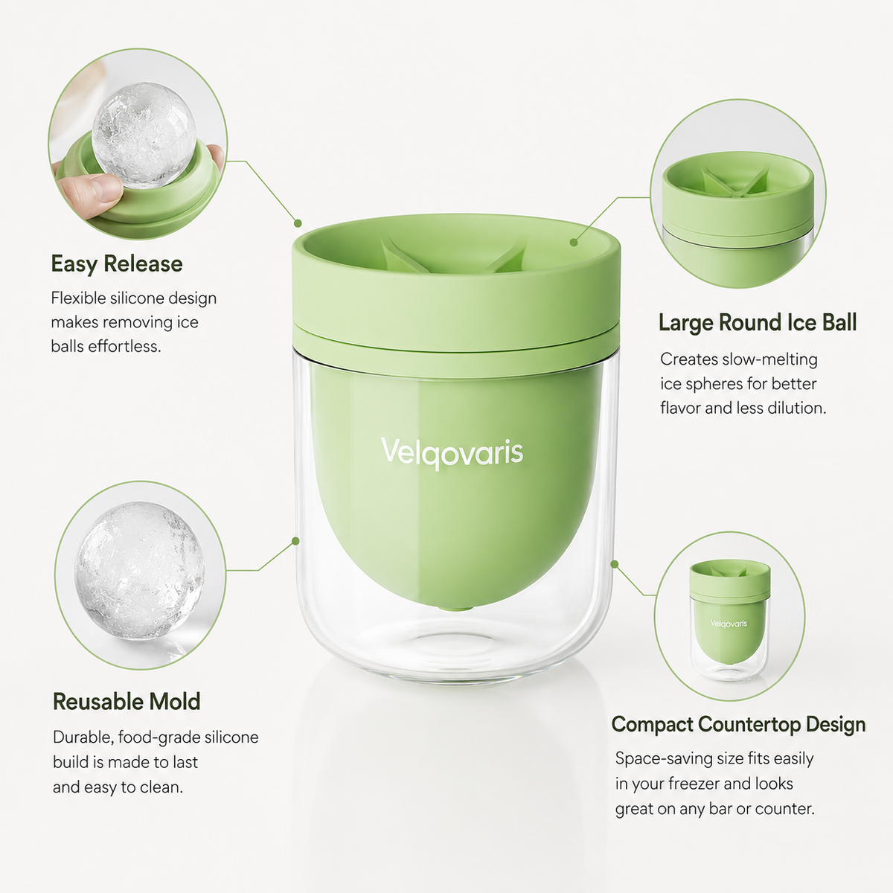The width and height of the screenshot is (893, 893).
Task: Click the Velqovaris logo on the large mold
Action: (452, 452)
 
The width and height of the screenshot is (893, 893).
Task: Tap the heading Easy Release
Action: (117, 264)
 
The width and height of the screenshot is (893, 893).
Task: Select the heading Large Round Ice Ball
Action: (758, 322)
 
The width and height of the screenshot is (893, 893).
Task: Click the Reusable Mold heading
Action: (127, 702)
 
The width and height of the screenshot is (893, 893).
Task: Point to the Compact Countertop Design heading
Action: (738, 725)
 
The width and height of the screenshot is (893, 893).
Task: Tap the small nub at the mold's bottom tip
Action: (455, 607)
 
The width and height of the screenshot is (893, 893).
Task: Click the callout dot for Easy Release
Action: (298, 223)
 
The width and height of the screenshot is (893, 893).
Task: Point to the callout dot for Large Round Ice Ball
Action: (574, 243)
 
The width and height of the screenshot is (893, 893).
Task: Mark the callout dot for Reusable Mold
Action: (295, 541)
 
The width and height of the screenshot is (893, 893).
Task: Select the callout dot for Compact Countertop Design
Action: (615, 564)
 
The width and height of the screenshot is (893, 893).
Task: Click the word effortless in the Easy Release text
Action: (125, 347)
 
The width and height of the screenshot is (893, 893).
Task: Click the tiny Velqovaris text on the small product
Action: (729, 624)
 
